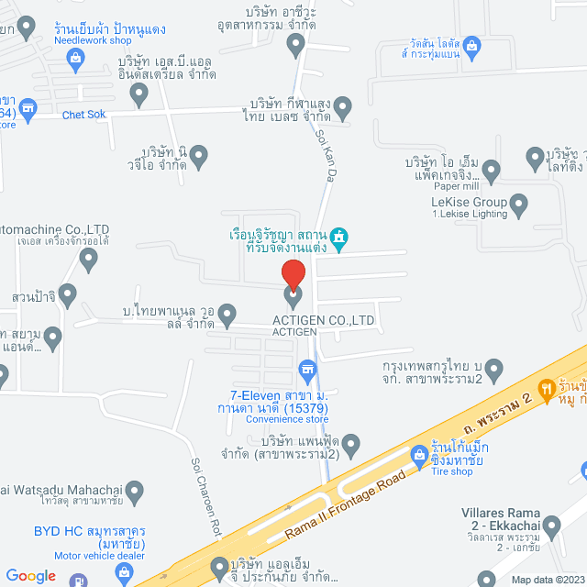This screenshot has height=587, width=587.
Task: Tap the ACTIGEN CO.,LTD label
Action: tap(324, 320)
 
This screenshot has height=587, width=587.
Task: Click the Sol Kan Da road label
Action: tap(325, 152)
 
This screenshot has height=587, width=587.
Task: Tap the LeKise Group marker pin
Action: tap(519, 205)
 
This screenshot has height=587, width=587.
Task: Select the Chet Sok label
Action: tap(84, 115)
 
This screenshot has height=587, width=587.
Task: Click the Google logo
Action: tap(30, 575)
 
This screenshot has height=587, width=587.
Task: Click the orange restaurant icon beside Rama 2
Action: tap(548, 389)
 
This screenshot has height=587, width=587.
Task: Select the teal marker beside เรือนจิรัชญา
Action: tap(340, 238)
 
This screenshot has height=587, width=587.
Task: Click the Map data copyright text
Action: tap(546, 579)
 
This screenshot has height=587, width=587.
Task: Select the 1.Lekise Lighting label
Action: tap(470, 214)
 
